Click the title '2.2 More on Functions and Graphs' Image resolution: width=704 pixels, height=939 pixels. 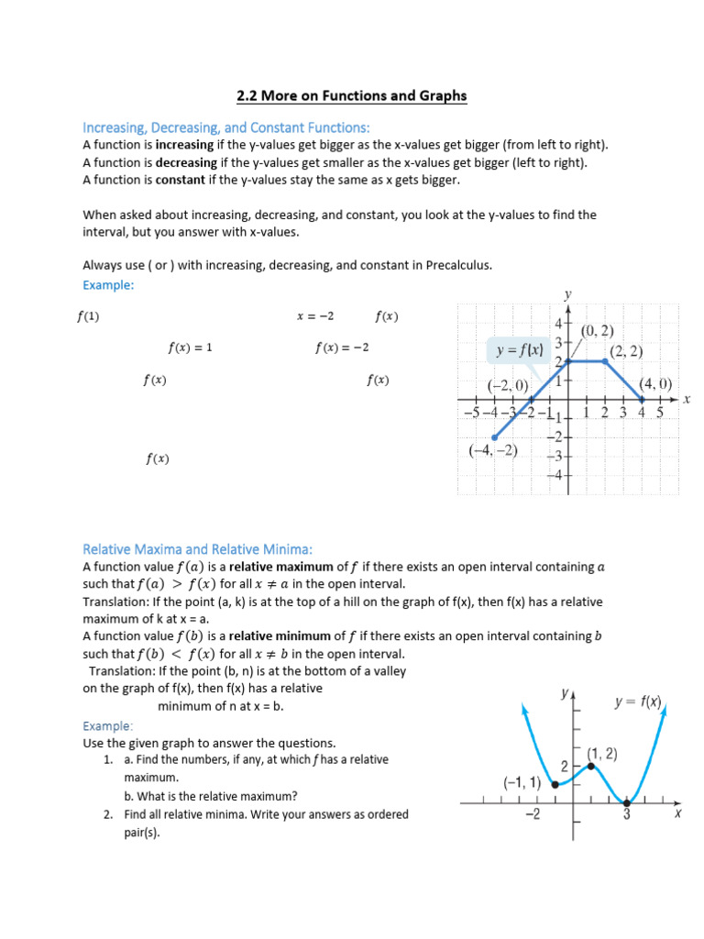(x=352, y=95)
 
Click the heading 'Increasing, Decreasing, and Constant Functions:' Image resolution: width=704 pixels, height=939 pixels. (x=225, y=127)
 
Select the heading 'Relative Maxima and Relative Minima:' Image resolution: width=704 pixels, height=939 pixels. (x=197, y=549)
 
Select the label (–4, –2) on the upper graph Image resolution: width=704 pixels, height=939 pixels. (x=492, y=450)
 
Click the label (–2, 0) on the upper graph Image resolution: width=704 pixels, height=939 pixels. (x=508, y=385)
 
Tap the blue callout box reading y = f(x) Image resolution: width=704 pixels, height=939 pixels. (x=519, y=349)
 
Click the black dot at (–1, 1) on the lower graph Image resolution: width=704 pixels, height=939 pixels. (x=555, y=783)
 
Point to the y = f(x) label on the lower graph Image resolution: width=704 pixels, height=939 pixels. (x=638, y=702)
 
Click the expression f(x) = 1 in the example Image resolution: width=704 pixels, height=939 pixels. (x=190, y=348)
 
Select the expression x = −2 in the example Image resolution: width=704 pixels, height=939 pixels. (x=315, y=316)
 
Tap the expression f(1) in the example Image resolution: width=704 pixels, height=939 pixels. (x=88, y=316)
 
